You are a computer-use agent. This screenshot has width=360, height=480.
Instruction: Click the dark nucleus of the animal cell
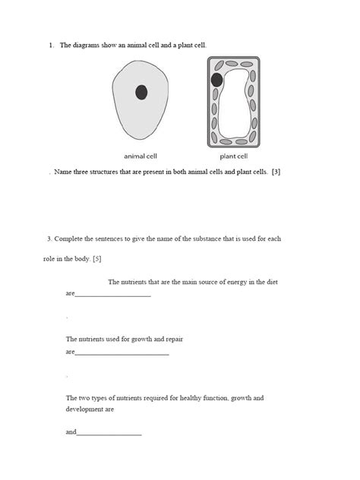141,93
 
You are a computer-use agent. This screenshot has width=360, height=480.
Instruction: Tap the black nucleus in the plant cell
217,78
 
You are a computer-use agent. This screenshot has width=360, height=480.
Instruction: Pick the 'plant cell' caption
233,156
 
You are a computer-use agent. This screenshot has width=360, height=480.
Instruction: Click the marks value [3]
276,172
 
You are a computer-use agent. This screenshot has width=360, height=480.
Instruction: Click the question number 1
50,46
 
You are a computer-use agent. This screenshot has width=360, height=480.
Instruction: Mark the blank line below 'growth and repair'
122,353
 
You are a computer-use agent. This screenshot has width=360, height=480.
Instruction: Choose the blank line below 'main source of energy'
113,294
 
